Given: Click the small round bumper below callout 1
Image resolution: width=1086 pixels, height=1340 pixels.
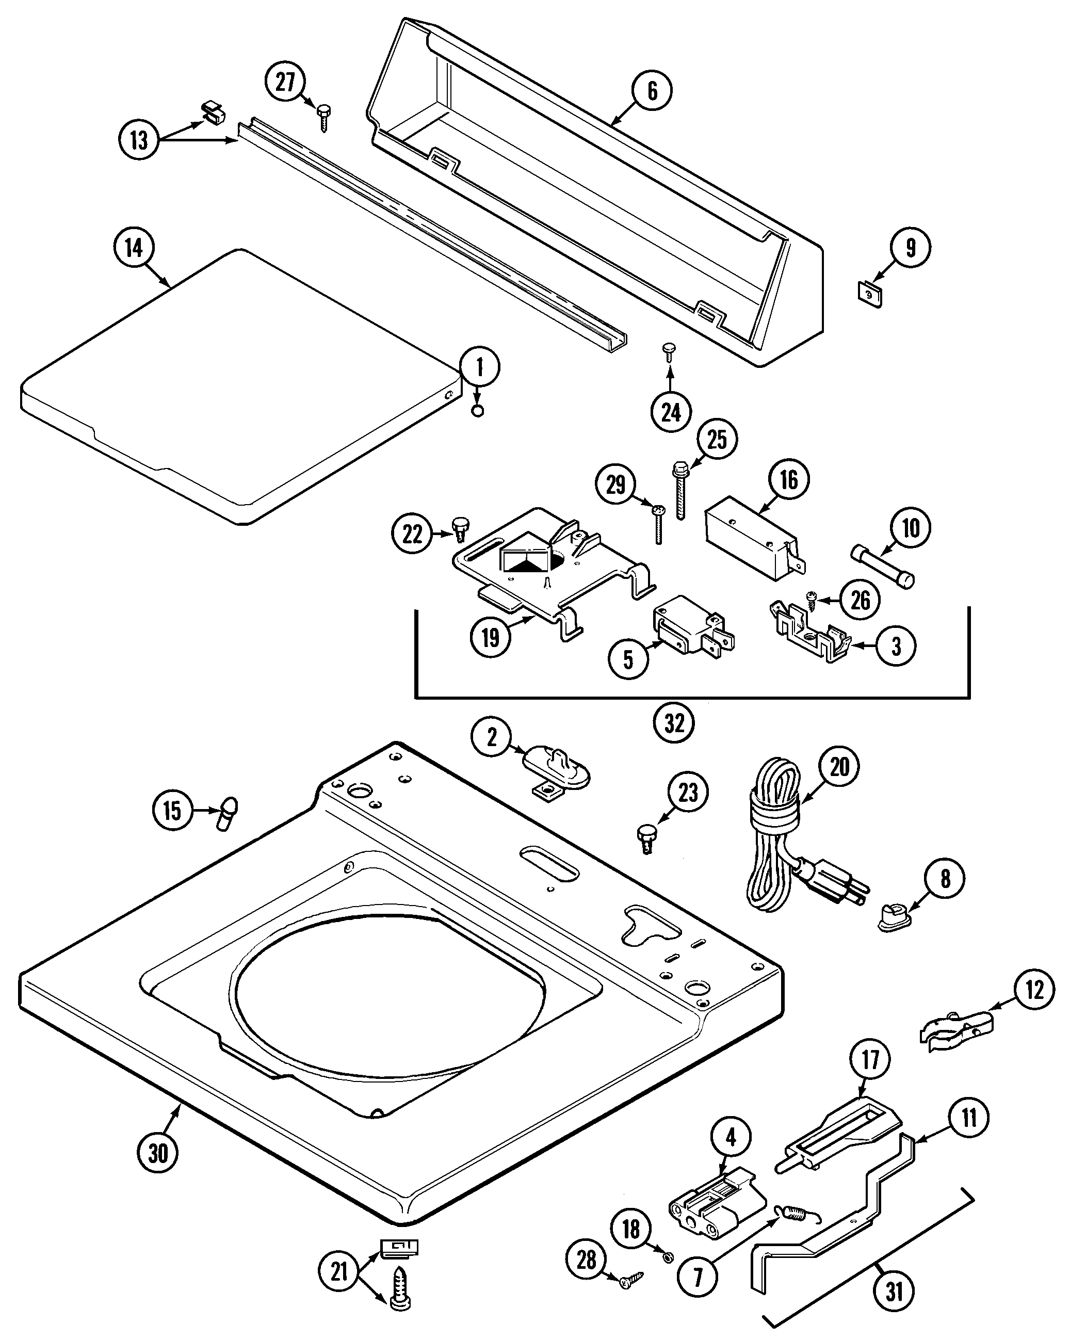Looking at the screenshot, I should coord(477,411).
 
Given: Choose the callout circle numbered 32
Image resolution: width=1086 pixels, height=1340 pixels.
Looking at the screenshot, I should coord(674,724).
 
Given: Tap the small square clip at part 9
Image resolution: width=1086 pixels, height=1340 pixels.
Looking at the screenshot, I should coord(869,294).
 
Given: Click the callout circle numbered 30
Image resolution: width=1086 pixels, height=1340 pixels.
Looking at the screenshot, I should coord(158,1152).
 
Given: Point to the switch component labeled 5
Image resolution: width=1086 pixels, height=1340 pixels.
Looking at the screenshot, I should coord(692,627).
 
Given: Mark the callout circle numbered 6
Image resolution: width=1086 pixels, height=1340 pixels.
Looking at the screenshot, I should coord(652,91).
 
